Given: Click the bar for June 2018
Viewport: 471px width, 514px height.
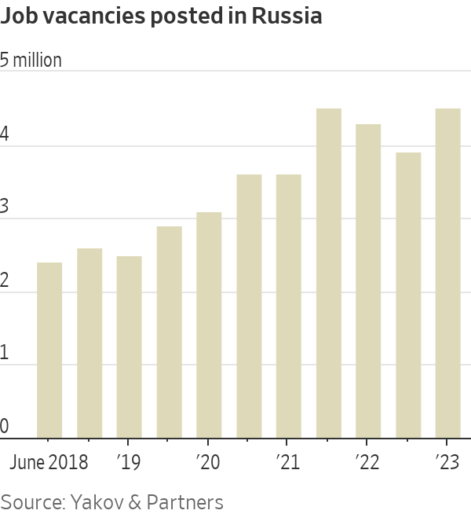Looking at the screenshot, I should [49, 351].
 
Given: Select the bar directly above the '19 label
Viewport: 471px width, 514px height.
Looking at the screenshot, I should [130, 347].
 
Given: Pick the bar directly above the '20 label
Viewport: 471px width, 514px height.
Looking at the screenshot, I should [209, 325].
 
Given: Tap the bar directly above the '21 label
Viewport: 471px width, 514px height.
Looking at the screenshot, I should [289, 307].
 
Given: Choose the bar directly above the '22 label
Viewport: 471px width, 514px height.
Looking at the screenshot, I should [368, 281].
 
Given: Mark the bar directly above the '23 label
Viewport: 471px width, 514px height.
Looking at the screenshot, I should [448, 274].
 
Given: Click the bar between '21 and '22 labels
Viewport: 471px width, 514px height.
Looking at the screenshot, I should [329, 274].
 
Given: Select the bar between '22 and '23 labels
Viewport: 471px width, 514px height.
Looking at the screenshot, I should [408, 296].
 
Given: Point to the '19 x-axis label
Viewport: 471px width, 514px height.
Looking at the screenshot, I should [128, 462].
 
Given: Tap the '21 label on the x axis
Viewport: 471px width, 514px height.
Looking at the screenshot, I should [287, 462].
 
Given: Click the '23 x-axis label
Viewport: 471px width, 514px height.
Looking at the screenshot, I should [447, 462].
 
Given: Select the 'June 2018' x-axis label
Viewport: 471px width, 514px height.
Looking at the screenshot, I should [49, 462].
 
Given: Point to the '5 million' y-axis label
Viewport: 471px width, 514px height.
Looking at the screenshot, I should [31, 61].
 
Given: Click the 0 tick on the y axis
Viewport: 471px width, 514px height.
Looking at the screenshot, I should [5, 426].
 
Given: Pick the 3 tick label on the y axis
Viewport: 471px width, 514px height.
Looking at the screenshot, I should [5, 207].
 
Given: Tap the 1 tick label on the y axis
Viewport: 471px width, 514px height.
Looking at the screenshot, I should [5, 353].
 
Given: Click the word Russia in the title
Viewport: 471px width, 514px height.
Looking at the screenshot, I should [287, 17].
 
